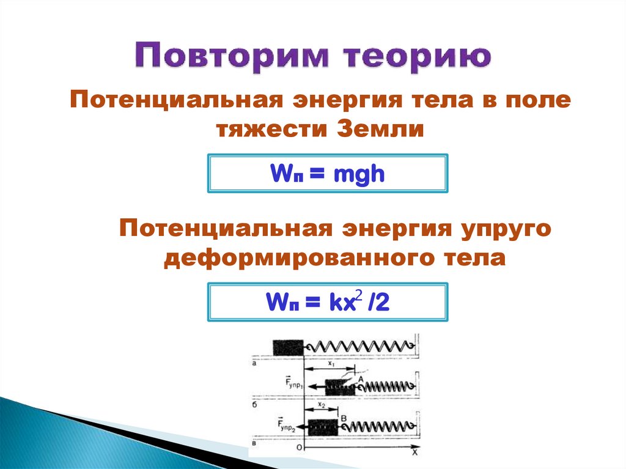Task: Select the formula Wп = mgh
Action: (328, 174)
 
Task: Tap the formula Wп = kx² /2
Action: (328, 301)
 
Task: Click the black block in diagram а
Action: (288, 347)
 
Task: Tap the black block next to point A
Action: (339, 386)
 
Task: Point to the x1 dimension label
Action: (331, 363)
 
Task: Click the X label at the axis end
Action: (414, 454)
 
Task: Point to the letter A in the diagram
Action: (360, 380)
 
